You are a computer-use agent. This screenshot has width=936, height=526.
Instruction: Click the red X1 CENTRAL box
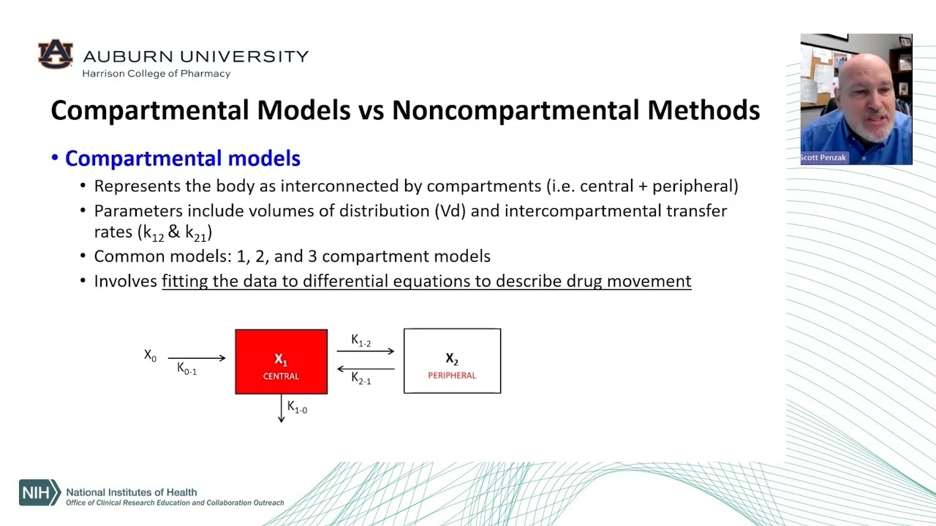click(x=281, y=362)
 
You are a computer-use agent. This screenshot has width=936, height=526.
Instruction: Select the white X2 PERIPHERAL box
click(x=452, y=361)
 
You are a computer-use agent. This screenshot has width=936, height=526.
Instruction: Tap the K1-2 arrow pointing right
click(x=366, y=351)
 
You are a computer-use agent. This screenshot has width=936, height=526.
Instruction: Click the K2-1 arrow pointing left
click(x=366, y=369)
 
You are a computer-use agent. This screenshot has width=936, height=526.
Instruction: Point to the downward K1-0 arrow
click(x=282, y=408)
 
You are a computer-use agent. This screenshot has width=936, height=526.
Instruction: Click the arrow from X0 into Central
click(x=197, y=358)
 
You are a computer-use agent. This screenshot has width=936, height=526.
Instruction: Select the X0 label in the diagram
click(x=150, y=356)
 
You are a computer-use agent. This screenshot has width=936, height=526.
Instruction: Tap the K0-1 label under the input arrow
click(x=186, y=370)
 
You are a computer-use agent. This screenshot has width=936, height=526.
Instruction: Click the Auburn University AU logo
click(x=56, y=54)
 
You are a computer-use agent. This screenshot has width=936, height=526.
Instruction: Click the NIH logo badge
click(x=39, y=492)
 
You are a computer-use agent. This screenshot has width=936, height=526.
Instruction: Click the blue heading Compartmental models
click(x=182, y=159)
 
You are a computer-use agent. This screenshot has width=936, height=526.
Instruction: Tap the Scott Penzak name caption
click(x=823, y=158)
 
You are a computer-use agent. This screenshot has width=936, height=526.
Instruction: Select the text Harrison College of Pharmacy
click(x=156, y=74)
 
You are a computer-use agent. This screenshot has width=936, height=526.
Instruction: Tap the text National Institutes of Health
click(x=132, y=492)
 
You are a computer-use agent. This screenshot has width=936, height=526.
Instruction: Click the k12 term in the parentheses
click(x=154, y=233)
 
